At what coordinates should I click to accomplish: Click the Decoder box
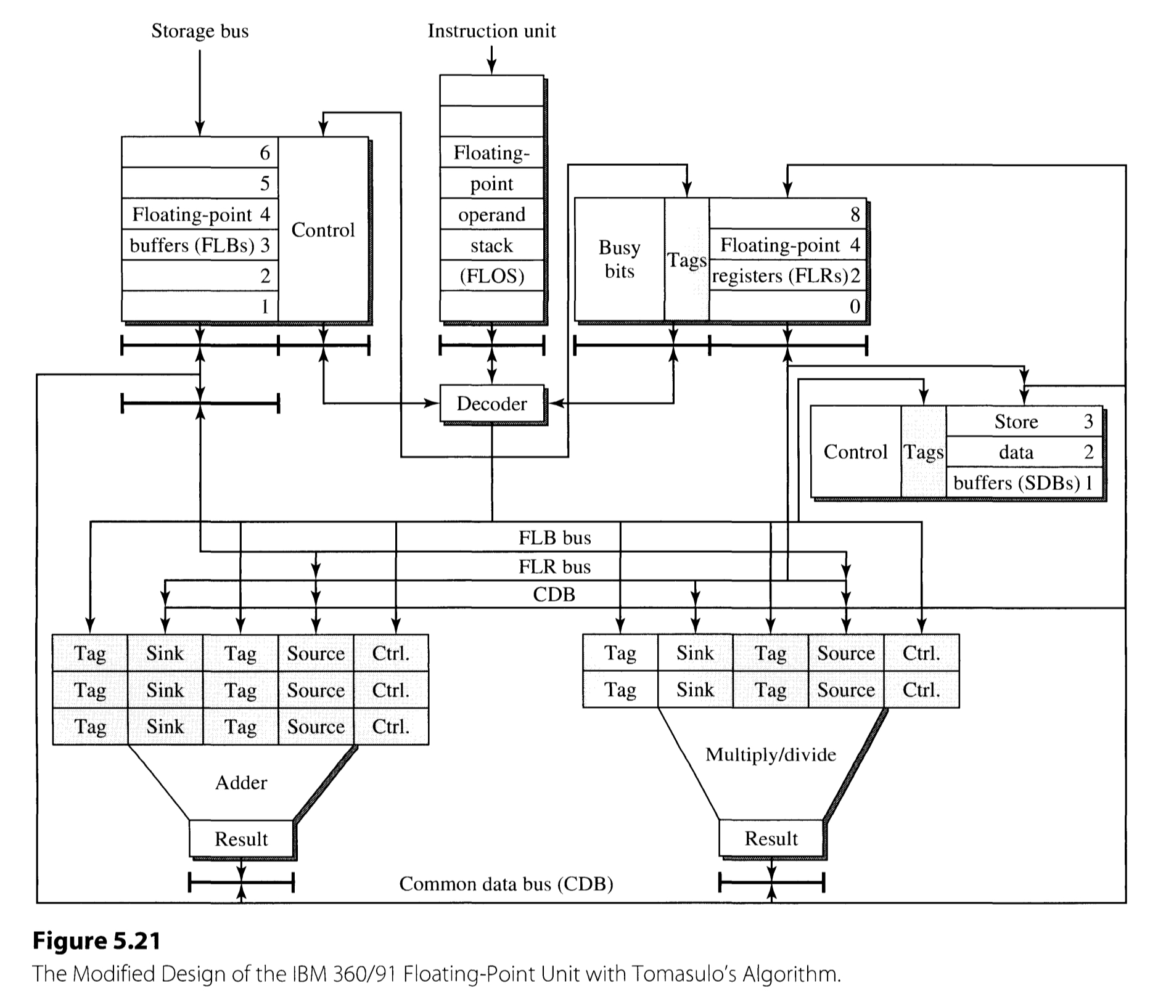tap(491, 404)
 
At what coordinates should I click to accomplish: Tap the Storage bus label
tap(200, 31)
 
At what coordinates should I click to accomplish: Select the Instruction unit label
tap(491, 31)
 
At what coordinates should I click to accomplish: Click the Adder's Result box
tap(241, 839)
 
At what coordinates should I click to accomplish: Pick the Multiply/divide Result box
tap(771, 838)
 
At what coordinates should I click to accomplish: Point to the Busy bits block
tap(619, 259)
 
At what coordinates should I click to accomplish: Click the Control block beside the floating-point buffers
tap(323, 230)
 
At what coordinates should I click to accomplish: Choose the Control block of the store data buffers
tap(855, 452)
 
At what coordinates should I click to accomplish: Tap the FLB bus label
tap(554, 538)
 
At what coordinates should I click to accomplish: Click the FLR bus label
tap(554, 566)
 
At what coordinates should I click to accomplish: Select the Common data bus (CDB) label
tap(506, 884)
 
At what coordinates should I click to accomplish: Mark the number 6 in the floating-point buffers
tap(265, 153)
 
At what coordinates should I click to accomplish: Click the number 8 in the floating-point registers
tap(855, 214)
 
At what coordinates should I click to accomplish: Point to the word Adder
tap(241, 783)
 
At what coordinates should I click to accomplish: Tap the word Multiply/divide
tap(771, 754)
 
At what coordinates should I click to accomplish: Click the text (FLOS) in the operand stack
tap(491, 275)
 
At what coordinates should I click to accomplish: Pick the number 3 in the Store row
tap(1088, 422)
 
